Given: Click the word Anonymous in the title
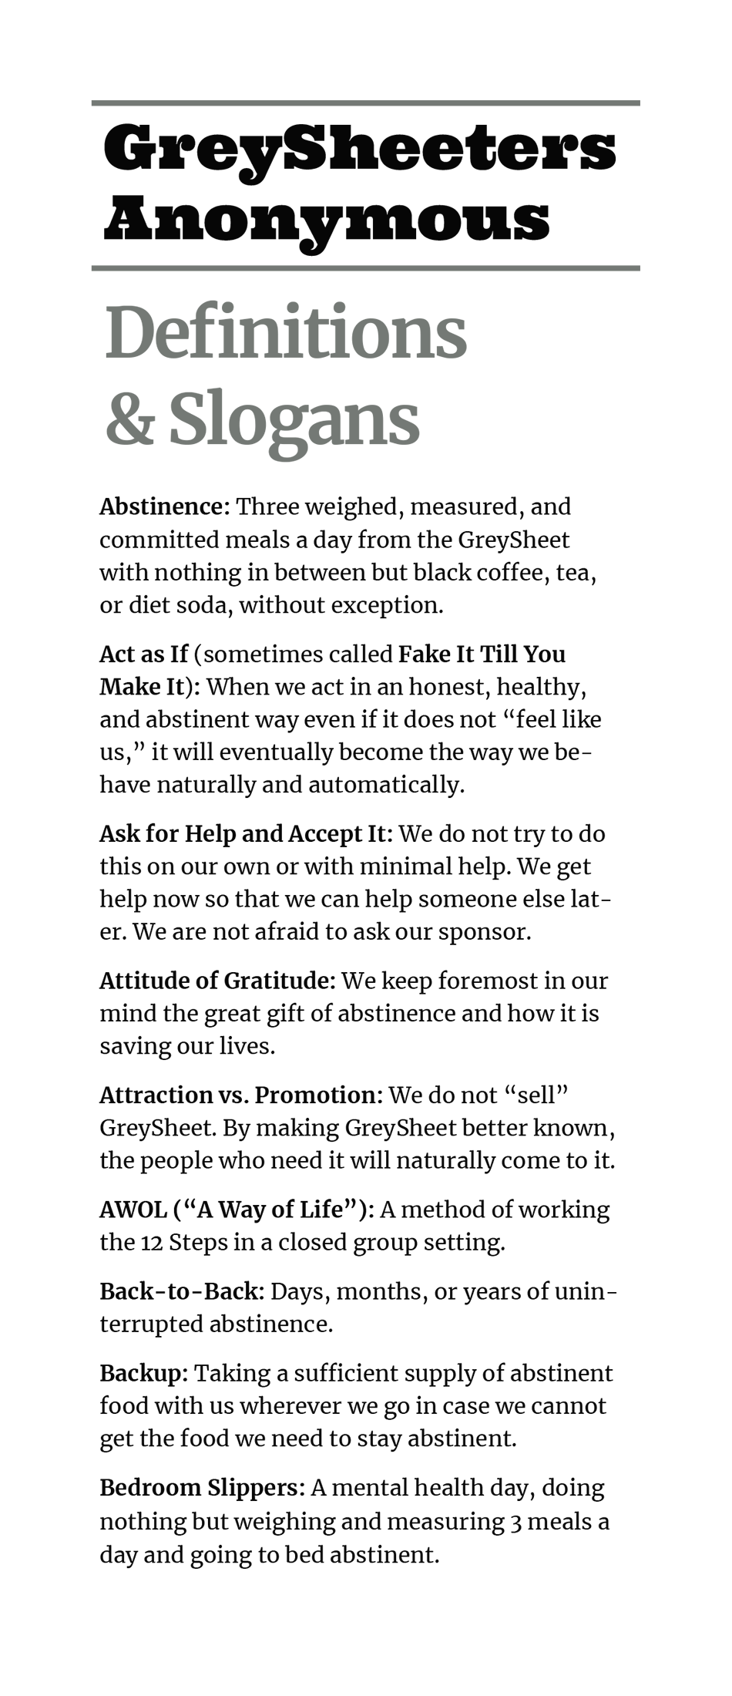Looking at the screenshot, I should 327,220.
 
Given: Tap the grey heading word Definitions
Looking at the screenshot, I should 285,334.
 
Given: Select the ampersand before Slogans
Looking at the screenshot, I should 129,419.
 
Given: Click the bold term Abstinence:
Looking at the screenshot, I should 164,506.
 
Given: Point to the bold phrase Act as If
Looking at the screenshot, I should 143,654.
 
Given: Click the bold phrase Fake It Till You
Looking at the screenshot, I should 482,654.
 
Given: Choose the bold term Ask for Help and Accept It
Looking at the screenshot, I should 246,833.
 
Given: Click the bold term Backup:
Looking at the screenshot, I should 143,1373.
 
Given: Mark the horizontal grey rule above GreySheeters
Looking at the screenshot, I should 365,103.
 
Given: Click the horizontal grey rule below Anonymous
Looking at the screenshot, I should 365,268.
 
